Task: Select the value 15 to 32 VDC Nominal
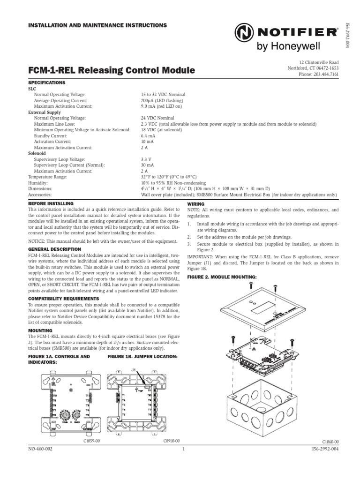click(x=161, y=94)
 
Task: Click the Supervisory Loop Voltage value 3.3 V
click(x=147, y=159)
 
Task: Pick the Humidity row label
click(x=38, y=183)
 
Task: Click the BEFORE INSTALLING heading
click(x=52, y=204)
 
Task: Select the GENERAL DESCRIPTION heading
click(x=54, y=249)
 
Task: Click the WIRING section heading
click(x=195, y=204)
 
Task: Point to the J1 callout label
click(x=134, y=370)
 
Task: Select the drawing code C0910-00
click(x=171, y=441)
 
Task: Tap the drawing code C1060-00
click(x=330, y=442)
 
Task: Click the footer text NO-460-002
click(x=40, y=449)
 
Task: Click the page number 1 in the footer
click(x=184, y=449)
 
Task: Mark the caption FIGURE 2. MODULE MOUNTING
click(x=222, y=277)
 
